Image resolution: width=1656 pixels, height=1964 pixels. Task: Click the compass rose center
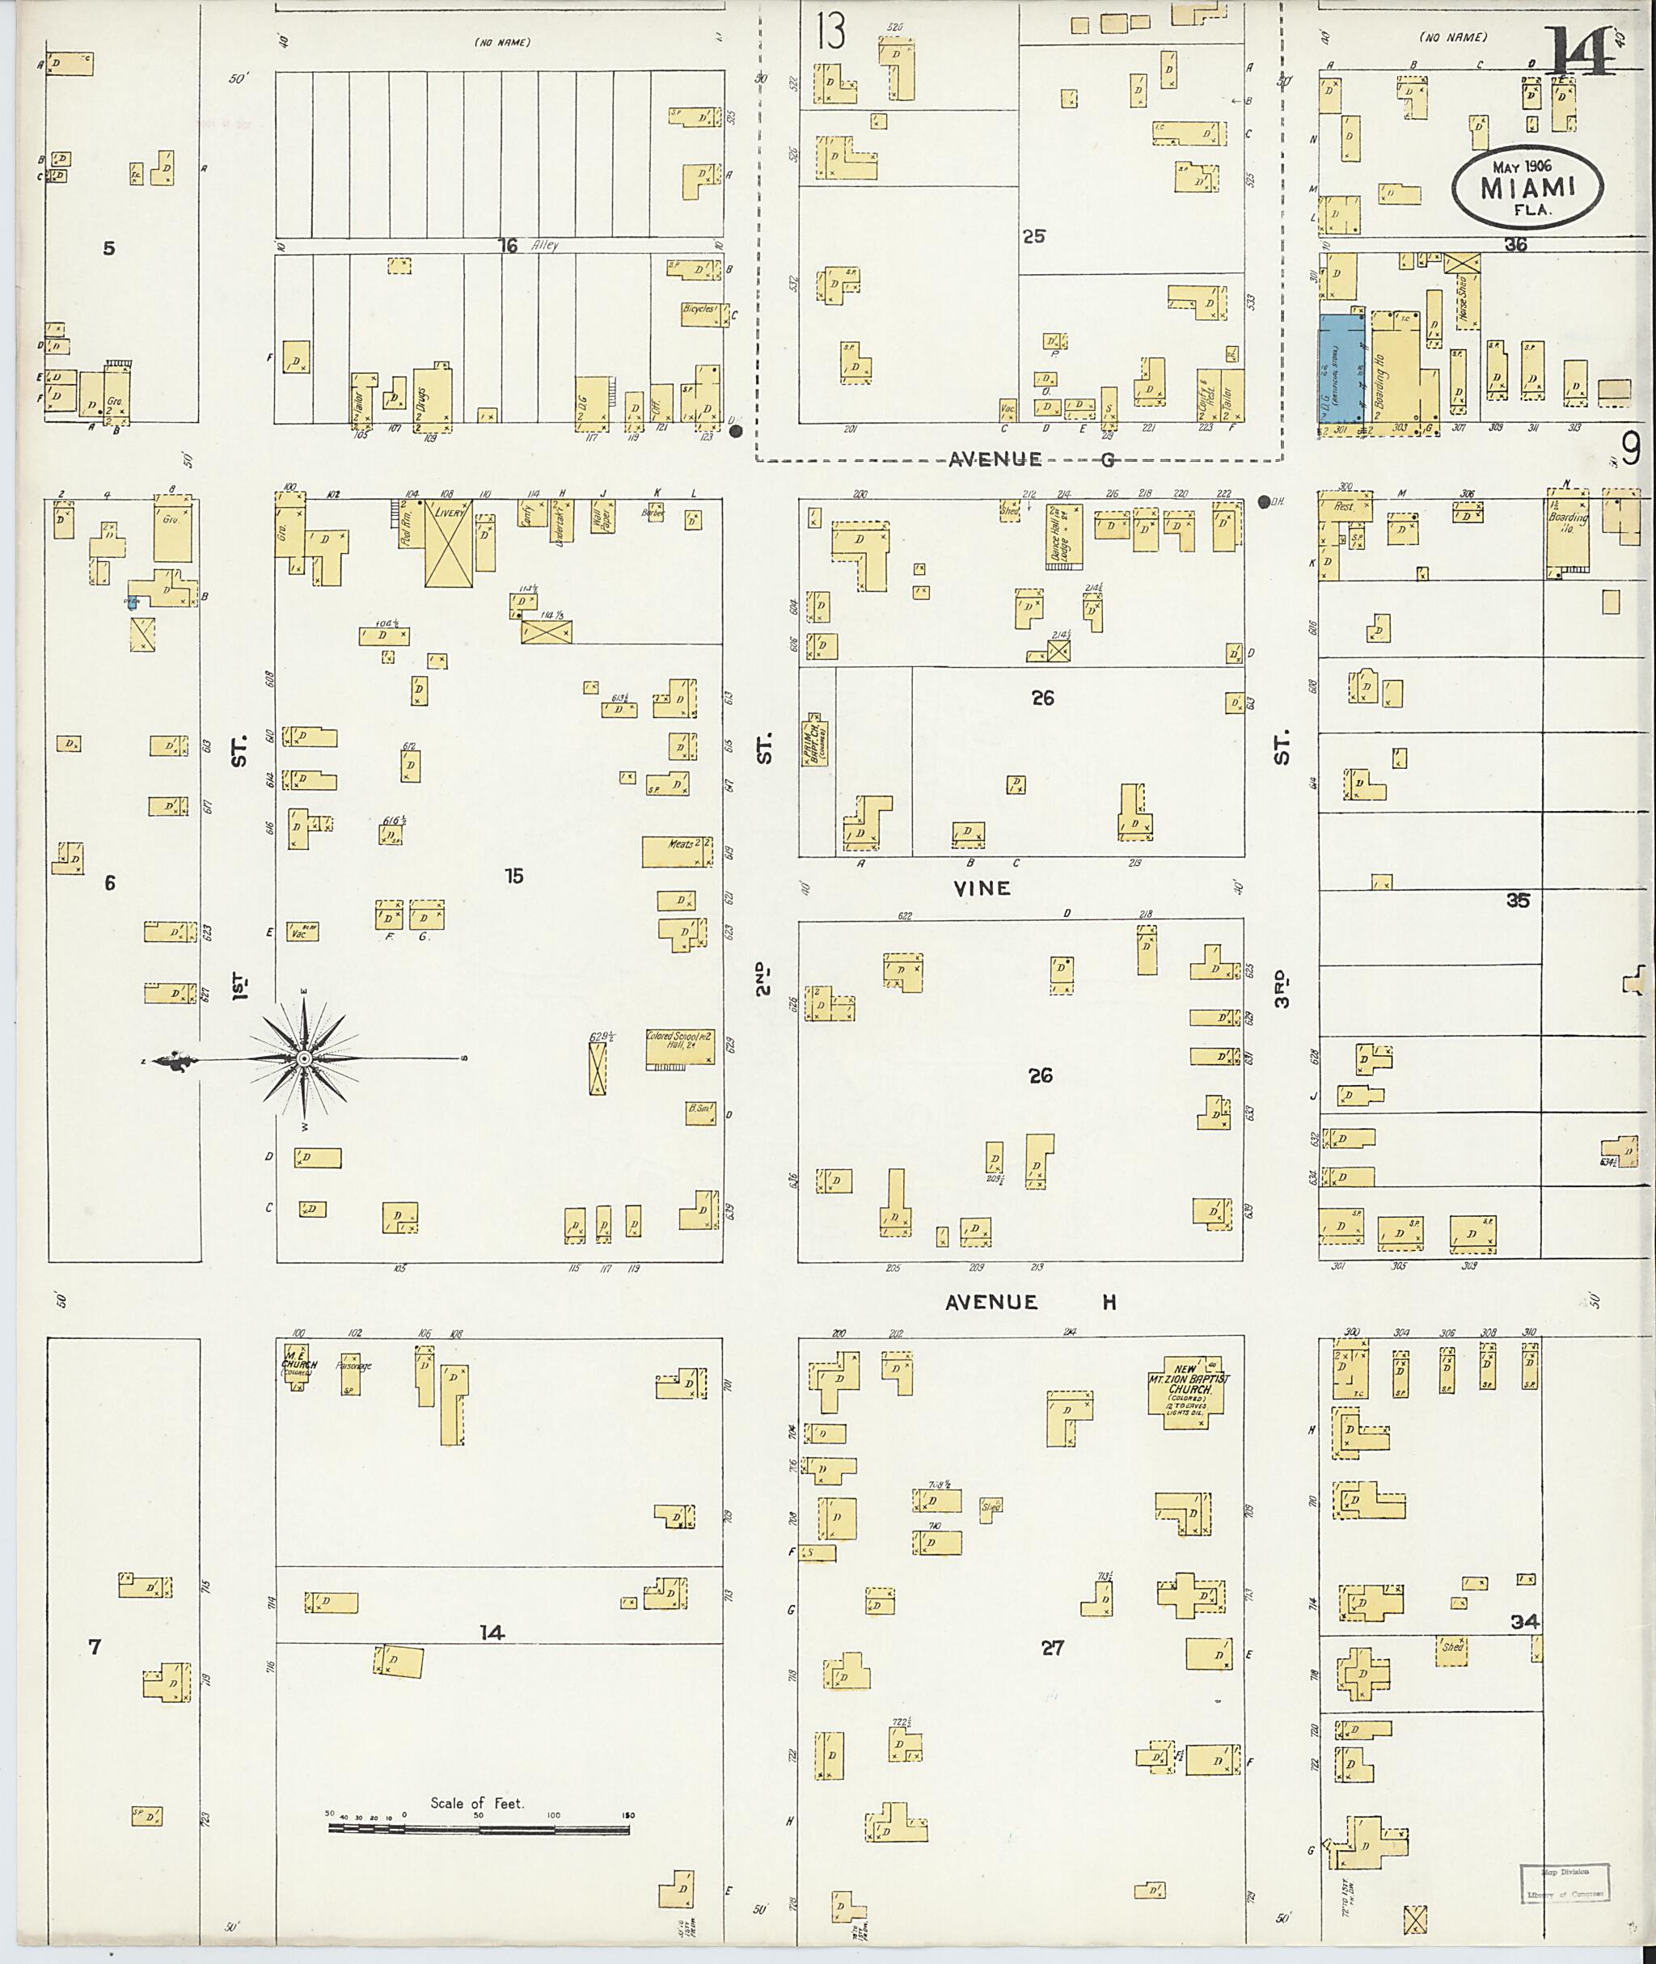point(304,1058)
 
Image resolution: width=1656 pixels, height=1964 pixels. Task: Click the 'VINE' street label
point(982,888)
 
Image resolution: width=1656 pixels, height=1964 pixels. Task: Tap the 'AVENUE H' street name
point(1030,1302)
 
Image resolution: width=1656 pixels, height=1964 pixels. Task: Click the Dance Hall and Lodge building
point(1063,536)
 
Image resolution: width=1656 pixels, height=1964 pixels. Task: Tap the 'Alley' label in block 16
point(543,246)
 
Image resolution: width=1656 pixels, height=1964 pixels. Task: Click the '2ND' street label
point(763,978)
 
